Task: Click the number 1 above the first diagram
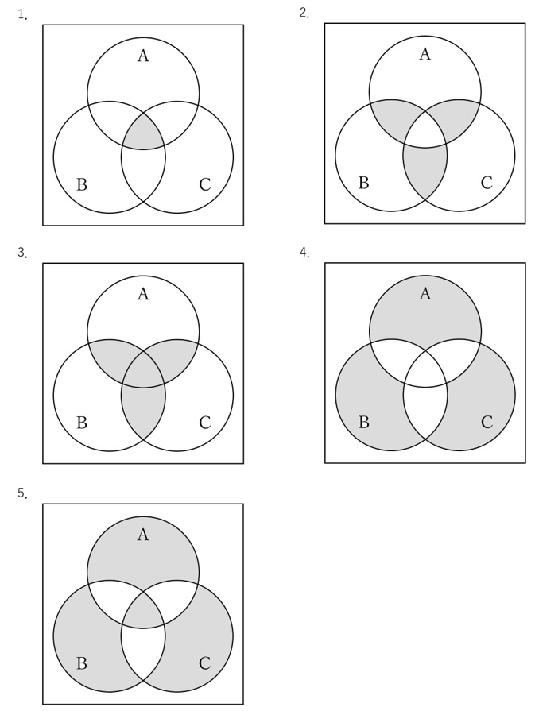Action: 22,15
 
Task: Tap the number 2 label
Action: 304,14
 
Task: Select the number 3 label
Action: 22,253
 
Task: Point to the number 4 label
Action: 304,253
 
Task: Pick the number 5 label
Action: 22,493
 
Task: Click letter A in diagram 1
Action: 143,56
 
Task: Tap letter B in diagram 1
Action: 82,184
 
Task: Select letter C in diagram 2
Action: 487,183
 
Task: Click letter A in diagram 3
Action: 143,294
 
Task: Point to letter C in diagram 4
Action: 487,422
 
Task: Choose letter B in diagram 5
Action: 82,663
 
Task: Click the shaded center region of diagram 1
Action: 143,133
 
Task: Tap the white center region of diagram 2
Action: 425,132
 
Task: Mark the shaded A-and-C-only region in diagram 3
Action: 178,355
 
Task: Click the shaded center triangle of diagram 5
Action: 143,612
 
